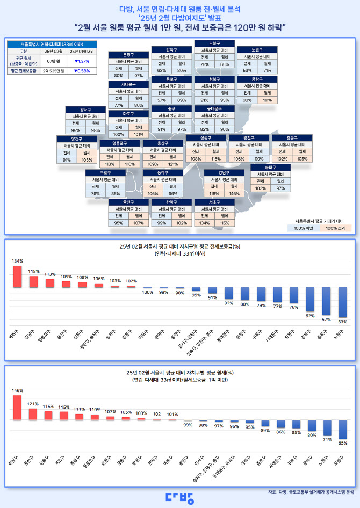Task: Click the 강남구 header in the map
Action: (223, 173)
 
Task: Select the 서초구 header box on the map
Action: (214, 202)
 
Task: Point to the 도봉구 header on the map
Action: (214, 43)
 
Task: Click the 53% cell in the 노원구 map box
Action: (247, 70)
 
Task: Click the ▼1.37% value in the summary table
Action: (81, 62)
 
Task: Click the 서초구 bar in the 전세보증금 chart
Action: (18, 277)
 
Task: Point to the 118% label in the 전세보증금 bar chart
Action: (33, 271)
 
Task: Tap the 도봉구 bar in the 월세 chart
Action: (342, 430)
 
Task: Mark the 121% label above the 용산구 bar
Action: (33, 404)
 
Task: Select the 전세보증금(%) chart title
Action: (179, 247)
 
